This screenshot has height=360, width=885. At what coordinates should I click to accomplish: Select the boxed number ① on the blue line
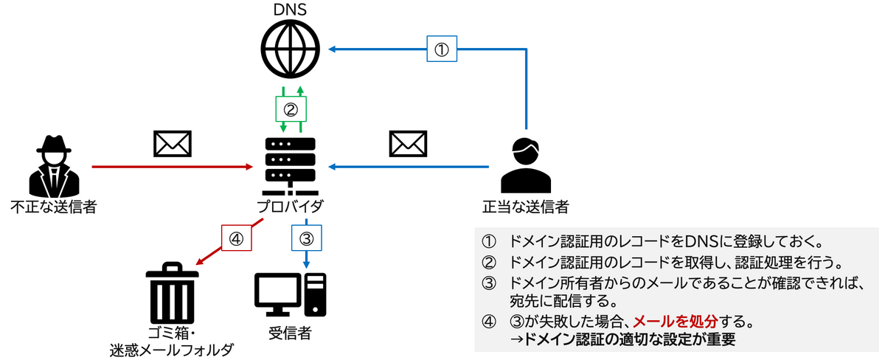(440, 50)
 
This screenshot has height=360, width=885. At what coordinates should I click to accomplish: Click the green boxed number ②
(291, 110)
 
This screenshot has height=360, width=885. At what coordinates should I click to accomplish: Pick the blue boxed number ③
(306, 239)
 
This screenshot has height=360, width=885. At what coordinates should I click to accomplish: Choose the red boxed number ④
(236, 239)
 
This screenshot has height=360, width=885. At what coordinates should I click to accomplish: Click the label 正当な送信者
(526, 207)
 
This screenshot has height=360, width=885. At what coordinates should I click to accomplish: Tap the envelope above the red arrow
(172, 144)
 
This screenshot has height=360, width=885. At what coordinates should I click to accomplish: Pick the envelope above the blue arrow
(408, 144)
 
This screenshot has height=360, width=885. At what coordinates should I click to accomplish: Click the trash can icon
(172, 295)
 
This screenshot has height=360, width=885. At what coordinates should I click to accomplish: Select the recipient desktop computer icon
(290, 294)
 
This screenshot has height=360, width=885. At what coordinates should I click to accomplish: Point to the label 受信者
(290, 333)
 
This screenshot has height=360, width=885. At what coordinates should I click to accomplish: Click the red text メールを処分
(673, 322)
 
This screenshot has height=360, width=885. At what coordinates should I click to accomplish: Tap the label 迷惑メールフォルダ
(172, 349)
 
